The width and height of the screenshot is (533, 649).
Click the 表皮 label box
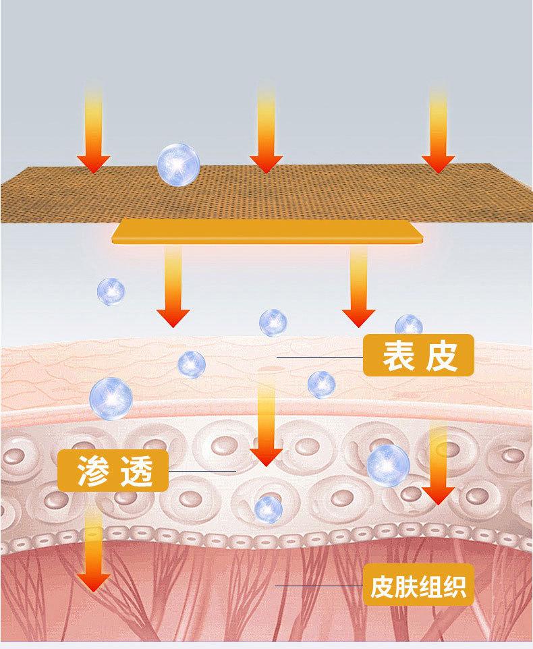(x=418, y=356)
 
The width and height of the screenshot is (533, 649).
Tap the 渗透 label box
(x=113, y=470)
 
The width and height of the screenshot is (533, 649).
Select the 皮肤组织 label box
(x=418, y=586)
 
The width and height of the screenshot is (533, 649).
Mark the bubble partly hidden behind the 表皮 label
(x=408, y=324)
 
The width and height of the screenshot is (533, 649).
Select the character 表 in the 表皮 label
(x=396, y=356)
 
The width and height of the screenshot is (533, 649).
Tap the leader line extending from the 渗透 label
(x=202, y=470)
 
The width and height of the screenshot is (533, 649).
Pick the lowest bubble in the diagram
(x=268, y=506)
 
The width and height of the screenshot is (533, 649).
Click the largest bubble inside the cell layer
(x=389, y=464)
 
